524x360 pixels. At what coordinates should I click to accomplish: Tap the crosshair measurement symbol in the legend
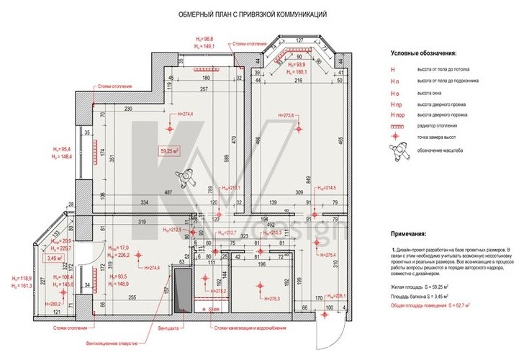click(394, 138)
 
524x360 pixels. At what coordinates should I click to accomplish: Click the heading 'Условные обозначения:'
click(423, 53)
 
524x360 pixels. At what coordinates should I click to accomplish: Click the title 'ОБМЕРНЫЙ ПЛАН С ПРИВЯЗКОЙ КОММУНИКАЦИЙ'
click(243, 14)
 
